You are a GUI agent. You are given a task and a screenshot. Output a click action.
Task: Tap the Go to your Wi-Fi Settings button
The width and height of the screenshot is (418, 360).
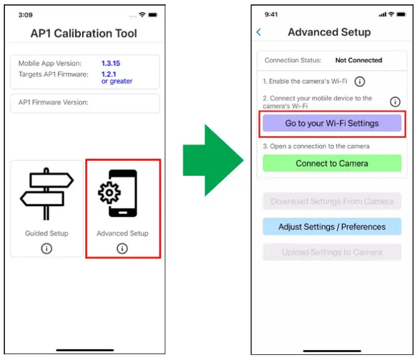coord(331,123)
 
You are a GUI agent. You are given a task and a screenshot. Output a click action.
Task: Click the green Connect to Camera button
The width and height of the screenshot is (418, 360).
coord(331,163)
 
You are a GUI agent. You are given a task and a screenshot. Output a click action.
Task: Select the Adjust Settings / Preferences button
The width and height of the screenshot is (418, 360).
coord(331,227)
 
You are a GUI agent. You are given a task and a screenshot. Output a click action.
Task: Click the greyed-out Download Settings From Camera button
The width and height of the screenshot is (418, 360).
coord(331,202)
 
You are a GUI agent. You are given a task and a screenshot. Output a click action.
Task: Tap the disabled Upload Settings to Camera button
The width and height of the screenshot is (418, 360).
coord(331,252)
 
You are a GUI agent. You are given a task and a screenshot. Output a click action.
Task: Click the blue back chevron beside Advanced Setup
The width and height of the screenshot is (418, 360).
coord(259,32)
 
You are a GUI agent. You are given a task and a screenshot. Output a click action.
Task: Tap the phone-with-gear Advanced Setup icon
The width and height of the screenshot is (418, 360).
coord(122,194)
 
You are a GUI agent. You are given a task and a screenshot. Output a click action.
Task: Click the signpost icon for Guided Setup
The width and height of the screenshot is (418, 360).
coord(46,194)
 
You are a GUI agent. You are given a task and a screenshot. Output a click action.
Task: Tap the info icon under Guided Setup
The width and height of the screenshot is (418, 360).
coord(46,249)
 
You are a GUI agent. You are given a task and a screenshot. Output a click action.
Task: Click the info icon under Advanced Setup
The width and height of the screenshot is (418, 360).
coord(122,249)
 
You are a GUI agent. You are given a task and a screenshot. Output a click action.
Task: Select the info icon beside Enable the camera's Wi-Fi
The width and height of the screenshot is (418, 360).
coord(360,82)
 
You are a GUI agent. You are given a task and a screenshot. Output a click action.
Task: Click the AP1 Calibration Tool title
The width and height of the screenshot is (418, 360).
coord(83,33)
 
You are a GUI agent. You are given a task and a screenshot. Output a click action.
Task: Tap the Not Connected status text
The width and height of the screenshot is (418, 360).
coord(358,60)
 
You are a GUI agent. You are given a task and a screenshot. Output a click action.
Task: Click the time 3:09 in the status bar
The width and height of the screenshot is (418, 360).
coord(26,14)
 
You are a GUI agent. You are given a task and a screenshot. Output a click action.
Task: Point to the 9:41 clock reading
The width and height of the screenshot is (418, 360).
coord(272,14)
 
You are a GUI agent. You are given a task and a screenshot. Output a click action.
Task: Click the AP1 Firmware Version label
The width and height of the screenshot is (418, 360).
coord(53,102)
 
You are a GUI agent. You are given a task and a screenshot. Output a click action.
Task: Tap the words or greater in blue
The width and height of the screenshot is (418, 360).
coord(117,82)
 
